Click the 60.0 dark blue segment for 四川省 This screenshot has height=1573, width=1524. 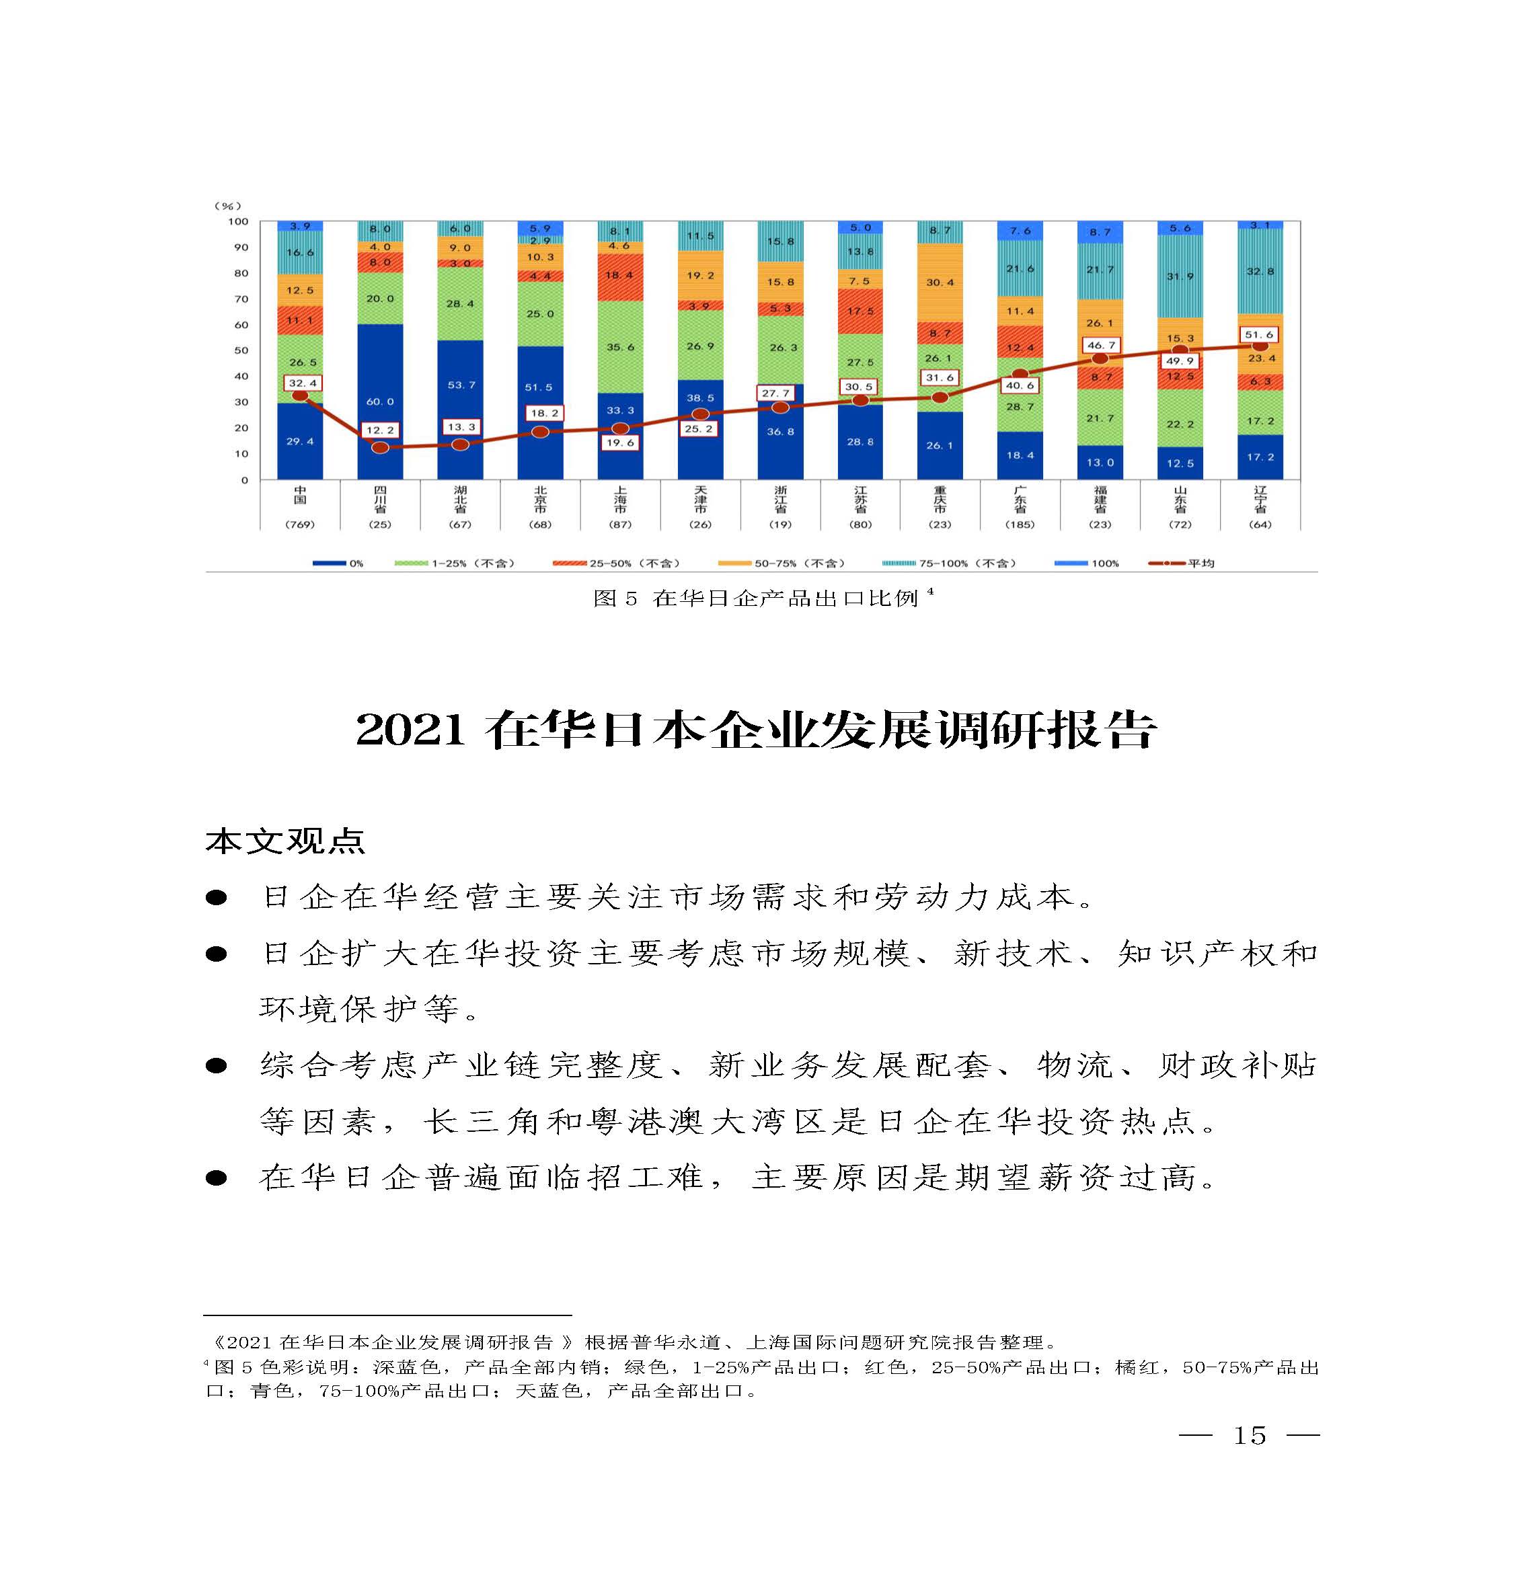pos(379,401)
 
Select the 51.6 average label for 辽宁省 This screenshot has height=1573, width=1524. pos(1259,335)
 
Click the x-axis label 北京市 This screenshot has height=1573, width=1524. pos(540,499)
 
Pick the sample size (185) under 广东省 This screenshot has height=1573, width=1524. pos(1019,525)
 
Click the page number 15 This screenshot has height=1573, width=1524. pos(1249,1435)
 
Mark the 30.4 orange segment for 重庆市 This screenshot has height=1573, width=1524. pos(940,282)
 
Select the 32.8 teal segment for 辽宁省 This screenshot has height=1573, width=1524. pos(1260,271)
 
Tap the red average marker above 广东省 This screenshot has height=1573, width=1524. pos(1019,374)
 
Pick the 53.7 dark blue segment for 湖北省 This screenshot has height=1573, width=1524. pos(460,385)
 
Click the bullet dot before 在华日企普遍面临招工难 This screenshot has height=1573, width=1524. pos(216,1178)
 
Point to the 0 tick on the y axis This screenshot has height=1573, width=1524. pos(245,481)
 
